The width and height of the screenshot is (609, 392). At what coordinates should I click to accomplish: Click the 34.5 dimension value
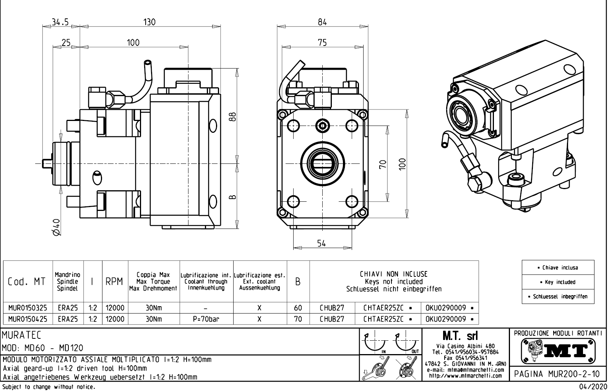click(60, 22)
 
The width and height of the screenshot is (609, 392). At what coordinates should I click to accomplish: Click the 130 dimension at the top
click(149, 22)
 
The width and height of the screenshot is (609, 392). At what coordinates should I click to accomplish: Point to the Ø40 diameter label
click(57, 227)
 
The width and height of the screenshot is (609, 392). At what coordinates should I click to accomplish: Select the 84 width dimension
click(322, 22)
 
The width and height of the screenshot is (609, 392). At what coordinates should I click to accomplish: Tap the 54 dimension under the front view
click(322, 243)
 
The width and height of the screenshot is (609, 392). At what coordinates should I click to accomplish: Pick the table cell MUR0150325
click(28, 308)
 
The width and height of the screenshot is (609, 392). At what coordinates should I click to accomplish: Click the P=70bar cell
click(206, 319)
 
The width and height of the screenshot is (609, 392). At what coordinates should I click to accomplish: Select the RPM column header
click(115, 282)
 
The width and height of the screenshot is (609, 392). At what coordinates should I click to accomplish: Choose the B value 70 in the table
click(298, 319)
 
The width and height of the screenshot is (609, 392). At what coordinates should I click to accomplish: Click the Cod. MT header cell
click(27, 282)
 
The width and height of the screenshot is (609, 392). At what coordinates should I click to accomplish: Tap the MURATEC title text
click(21, 336)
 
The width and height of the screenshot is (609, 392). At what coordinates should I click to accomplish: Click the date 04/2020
click(593, 387)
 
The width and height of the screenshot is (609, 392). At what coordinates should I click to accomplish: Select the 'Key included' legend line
click(558, 282)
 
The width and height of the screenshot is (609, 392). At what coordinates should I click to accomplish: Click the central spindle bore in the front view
click(322, 163)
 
